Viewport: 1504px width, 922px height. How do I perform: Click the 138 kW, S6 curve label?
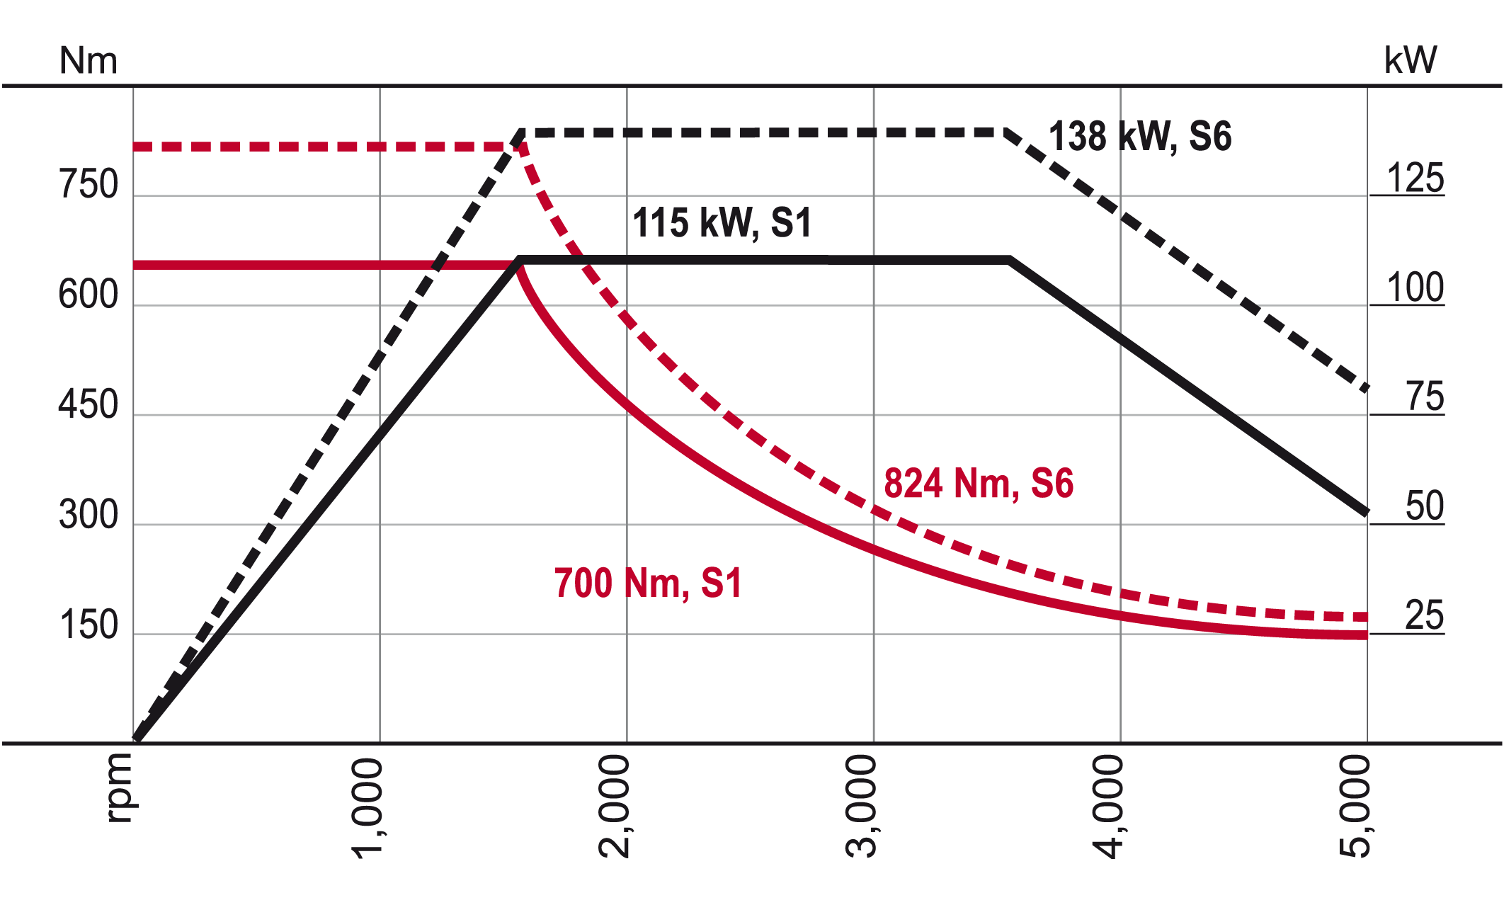pos(1139,136)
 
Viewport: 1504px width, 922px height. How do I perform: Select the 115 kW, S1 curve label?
pos(722,222)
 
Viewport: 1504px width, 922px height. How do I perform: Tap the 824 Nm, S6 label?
pos(979,484)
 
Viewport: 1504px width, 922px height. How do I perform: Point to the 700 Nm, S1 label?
pos(648,584)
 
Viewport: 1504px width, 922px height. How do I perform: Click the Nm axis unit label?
pos(88,61)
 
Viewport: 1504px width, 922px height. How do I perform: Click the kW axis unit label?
pos(1410,60)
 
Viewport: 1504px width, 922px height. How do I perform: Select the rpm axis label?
pos(118,787)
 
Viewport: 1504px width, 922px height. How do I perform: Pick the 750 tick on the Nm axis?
pos(89,185)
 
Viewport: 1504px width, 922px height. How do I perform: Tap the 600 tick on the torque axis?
pos(89,295)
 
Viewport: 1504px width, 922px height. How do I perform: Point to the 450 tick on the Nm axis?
pos(89,405)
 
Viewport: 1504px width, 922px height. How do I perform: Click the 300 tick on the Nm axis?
pos(89,515)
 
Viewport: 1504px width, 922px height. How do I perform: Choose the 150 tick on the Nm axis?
pos(89,625)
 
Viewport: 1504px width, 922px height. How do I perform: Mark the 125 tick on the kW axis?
pos(1415,178)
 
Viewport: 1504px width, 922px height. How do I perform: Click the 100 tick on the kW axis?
pos(1415,288)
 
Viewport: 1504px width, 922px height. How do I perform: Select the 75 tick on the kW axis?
pos(1425,397)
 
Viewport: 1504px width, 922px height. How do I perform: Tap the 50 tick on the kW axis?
pos(1424,506)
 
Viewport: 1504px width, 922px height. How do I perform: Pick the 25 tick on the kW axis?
pos(1424,615)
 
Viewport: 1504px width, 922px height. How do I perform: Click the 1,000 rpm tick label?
pos(368,807)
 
